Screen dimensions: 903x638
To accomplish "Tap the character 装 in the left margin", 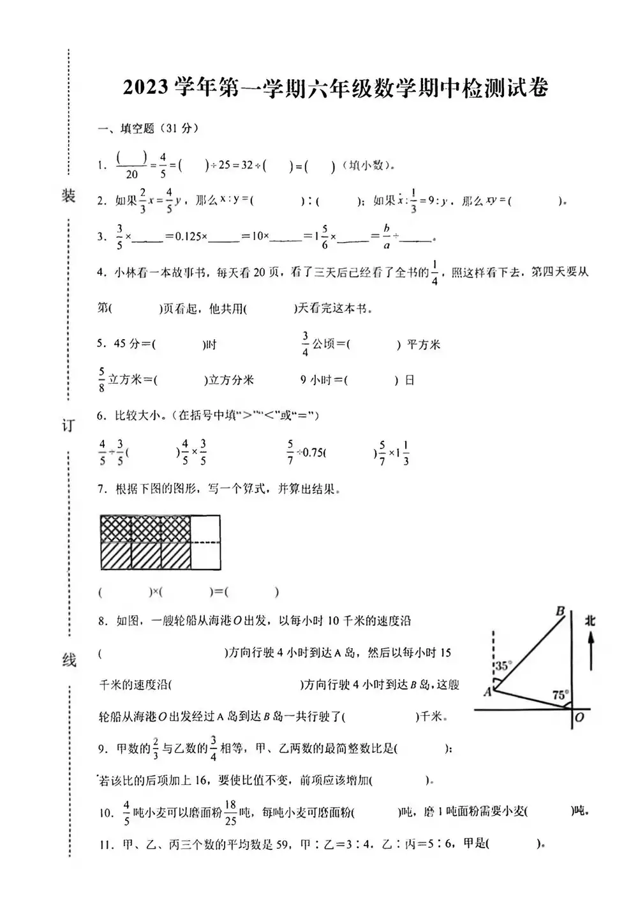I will (x=68, y=196).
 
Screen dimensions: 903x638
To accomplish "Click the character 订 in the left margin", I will (x=68, y=425).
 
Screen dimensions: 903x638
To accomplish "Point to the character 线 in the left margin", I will (x=69, y=660).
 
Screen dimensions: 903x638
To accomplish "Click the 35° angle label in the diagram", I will (x=503, y=665).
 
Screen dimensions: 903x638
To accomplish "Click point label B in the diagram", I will (x=560, y=611).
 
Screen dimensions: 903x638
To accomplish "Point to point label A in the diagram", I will (x=487, y=691).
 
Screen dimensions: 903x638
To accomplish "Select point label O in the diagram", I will (x=579, y=717).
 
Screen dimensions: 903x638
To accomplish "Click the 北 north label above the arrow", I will (x=590, y=619).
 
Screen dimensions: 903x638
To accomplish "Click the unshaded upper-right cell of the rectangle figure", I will (x=205, y=529).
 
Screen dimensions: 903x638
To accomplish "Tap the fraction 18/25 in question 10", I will (x=230, y=812).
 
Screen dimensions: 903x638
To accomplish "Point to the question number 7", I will (x=101, y=489).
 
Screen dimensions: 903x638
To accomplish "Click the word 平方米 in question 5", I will (x=424, y=345).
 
